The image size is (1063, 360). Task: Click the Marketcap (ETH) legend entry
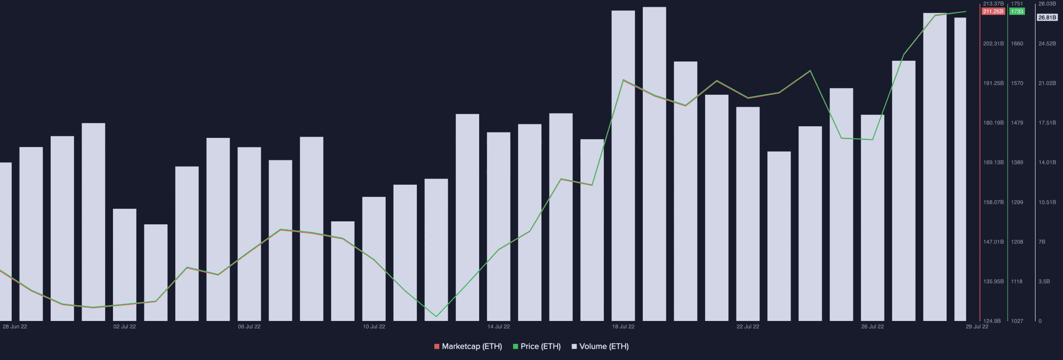pyautogui.click(x=468, y=346)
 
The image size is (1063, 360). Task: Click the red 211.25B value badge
pyautogui.click(x=993, y=12)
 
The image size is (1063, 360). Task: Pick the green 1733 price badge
pyautogui.click(x=1017, y=12)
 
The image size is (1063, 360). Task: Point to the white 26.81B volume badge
pyautogui.click(x=1047, y=17)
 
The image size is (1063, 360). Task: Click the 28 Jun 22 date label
pyautogui.click(x=15, y=327)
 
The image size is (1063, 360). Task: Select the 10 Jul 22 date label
pyautogui.click(x=374, y=327)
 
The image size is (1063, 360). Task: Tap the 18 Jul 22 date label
pyautogui.click(x=623, y=327)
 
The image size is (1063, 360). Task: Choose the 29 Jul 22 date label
pyautogui.click(x=977, y=327)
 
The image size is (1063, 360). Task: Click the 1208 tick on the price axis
pyautogui.click(x=1017, y=242)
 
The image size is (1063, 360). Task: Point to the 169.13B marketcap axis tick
pyautogui.click(x=993, y=162)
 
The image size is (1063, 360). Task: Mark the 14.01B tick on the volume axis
pyautogui.click(x=1047, y=162)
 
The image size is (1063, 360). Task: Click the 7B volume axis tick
pyautogui.click(x=1042, y=242)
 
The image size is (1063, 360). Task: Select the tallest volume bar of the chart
pyautogui.click(x=654, y=166)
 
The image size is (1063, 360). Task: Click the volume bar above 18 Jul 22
pyautogui.click(x=623, y=166)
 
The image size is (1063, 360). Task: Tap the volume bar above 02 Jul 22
pyautogui.click(x=125, y=266)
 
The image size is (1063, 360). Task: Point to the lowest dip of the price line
pyautogui.click(x=436, y=316)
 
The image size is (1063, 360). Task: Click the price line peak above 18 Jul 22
pyautogui.click(x=623, y=80)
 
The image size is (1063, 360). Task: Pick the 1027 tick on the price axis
pyautogui.click(x=1017, y=321)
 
